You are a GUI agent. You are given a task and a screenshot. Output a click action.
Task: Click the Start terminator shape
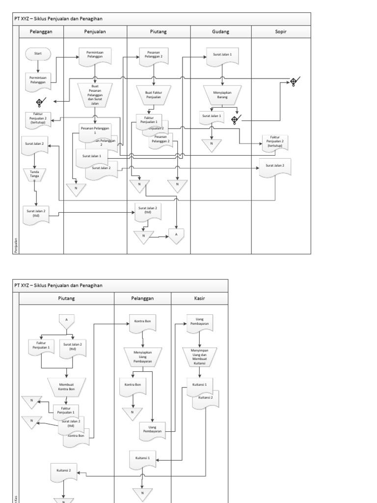(38, 53)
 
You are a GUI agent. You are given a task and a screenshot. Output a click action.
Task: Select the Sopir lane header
(281, 32)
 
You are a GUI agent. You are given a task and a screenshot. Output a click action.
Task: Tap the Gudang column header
(221, 32)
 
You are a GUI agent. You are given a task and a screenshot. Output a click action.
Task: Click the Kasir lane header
(199, 298)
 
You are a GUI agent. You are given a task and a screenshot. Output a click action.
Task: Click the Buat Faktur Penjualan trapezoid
(154, 94)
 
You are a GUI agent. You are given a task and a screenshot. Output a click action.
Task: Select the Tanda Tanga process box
(34, 174)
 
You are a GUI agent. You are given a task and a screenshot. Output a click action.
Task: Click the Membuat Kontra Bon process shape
(66, 387)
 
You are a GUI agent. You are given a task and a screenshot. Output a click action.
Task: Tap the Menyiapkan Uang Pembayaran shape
(142, 357)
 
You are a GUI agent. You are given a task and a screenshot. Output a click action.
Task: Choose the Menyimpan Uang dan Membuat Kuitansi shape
(199, 357)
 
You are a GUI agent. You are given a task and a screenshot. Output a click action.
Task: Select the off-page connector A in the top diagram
(176, 236)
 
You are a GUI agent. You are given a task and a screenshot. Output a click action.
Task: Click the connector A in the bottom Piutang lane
(66, 320)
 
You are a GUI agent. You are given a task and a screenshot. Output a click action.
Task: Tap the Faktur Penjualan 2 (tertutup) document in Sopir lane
(275, 143)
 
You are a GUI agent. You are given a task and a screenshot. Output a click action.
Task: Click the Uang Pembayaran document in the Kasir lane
(199, 323)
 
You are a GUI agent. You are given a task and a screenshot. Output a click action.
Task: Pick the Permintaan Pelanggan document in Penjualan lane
(95, 56)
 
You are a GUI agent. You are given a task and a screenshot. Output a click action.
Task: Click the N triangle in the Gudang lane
(212, 144)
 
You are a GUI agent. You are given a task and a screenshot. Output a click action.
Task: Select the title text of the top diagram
(58, 19)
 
